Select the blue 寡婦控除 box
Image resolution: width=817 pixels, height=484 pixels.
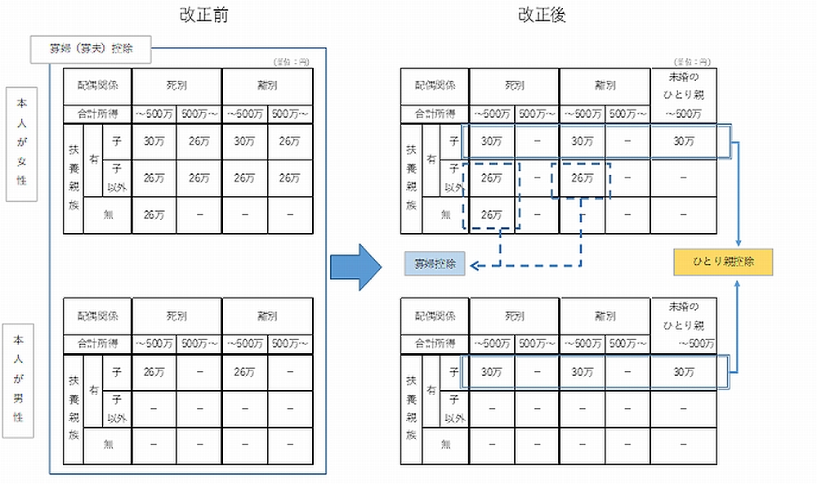[x=435, y=264]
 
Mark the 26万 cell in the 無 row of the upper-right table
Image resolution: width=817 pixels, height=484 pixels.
[x=492, y=216]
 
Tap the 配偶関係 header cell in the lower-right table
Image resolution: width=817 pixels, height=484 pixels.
[x=435, y=315]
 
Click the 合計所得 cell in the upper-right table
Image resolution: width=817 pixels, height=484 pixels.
[x=435, y=113]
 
